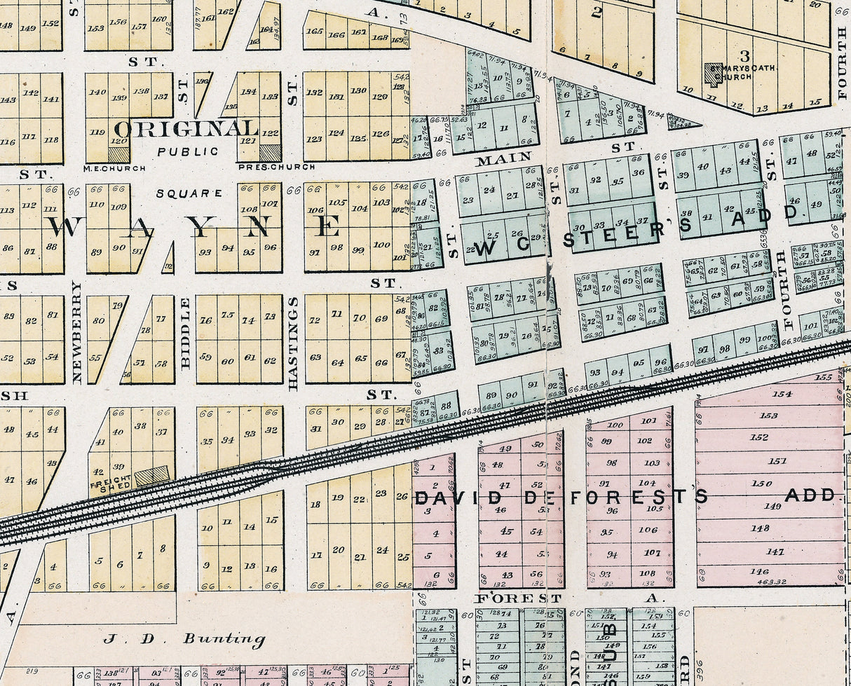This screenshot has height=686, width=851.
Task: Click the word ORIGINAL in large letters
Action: [186, 129]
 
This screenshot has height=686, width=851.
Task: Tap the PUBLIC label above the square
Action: [178, 151]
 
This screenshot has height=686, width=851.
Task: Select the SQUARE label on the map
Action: [199, 193]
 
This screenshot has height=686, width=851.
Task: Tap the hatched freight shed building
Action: [151, 476]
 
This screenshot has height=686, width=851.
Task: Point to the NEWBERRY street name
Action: [77, 332]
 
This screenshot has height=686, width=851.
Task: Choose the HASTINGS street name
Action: [293, 343]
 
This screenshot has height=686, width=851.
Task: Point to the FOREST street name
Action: [519, 598]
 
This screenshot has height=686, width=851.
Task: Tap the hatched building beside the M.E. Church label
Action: [118, 154]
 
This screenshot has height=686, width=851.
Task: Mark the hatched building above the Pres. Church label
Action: [270, 153]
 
